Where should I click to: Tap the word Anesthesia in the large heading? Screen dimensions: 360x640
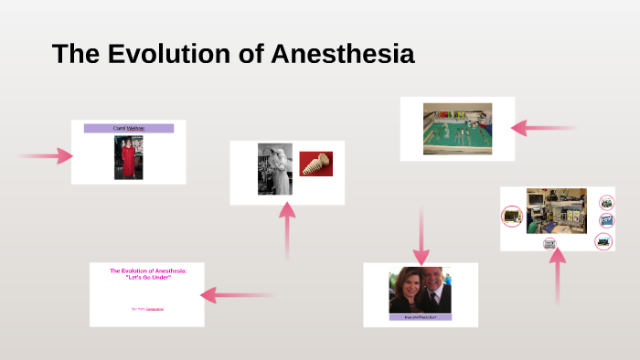click(x=343, y=54)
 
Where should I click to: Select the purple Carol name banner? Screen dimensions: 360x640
click(x=129, y=129)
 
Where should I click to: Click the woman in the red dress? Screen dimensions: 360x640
click(x=129, y=157)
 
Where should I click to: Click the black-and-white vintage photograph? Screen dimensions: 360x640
click(x=275, y=169)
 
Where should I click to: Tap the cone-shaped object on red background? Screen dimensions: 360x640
click(x=315, y=164)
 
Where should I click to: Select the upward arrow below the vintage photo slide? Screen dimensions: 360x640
click(x=287, y=228)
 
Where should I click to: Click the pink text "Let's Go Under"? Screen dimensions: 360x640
click(x=147, y=277)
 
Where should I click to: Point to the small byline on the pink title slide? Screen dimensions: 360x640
click(x=147, y=310)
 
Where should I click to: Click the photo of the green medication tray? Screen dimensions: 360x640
click(x=457, y=128)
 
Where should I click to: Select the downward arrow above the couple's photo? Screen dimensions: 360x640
click(x=421, y=236)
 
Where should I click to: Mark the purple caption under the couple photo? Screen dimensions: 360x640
click(x=421, y=317)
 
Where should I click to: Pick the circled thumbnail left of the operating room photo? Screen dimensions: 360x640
click(x=512, y=216)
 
